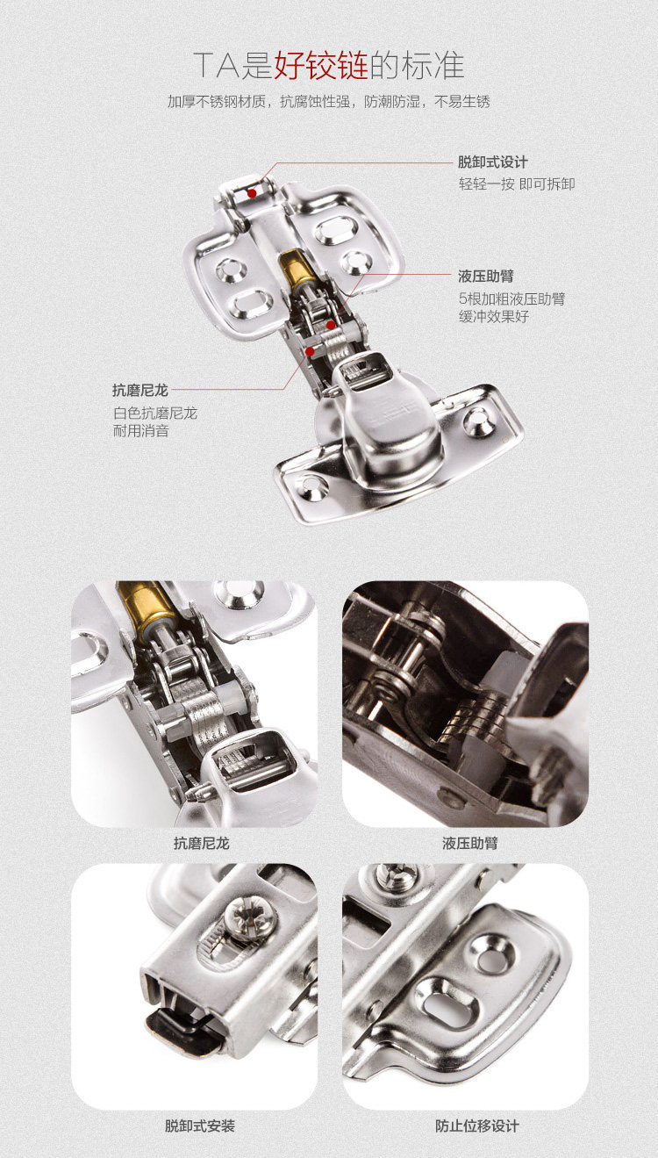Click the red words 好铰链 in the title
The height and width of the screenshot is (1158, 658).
tap(321, 65)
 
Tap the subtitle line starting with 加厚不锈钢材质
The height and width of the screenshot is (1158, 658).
tap(328, 102)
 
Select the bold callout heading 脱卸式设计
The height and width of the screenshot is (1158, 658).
tap(493, 162)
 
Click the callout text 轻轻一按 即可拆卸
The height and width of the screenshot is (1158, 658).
tap(517, 184)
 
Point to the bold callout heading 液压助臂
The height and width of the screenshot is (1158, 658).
tap(486, 276)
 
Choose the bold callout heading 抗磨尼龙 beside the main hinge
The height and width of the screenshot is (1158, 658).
tap(139, 390)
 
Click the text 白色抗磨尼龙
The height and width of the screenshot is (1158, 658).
tap(154, 413)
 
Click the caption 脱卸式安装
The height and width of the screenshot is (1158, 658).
tap(200, 1126)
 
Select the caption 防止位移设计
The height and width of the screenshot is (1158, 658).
tap(477, 1126)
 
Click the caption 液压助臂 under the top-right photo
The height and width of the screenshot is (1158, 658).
tap(470, 843)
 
